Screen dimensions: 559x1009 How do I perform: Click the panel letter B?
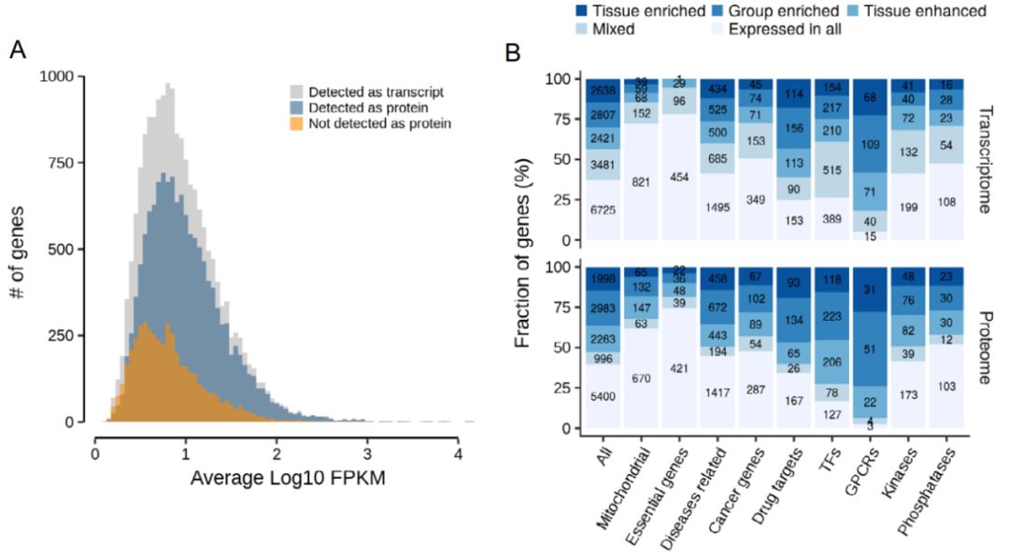pyautogui.click(x=513, y=53)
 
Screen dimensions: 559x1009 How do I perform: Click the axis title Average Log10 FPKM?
pyautogui.click(x=276, y=478)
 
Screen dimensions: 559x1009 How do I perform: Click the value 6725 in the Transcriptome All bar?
pyautogui.click(x=603, y=210)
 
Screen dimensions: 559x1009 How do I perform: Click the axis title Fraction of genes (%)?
pyautogui.click(x=525, y=254)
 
